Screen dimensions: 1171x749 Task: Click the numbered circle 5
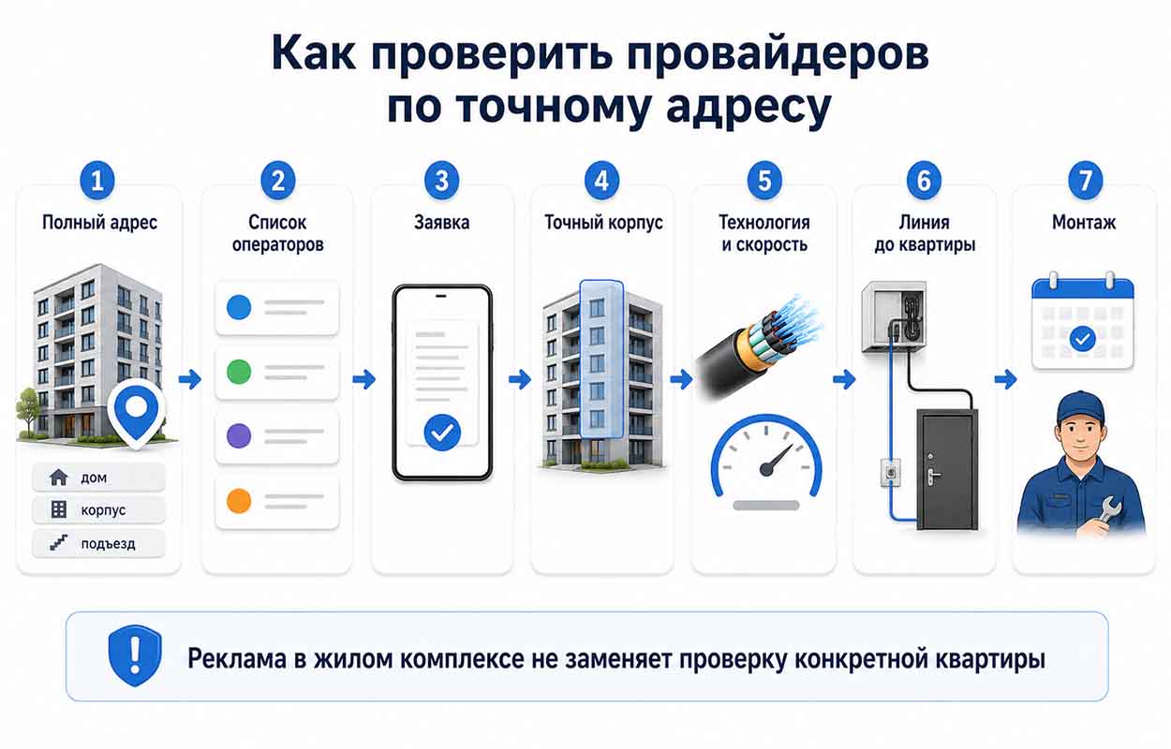click(x=764, y=181)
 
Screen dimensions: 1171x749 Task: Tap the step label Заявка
click(x=442, y=223)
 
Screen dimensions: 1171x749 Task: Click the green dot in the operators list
click(x=239, y=372)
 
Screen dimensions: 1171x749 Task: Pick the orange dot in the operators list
click(x=239, y=501)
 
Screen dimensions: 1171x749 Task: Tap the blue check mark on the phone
click(x=442, y=433)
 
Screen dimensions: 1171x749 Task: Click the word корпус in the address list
click(x=103, y=510)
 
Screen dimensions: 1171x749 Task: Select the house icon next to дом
click(x=58, y=477)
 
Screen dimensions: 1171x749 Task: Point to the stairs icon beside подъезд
click(x=58, y=543)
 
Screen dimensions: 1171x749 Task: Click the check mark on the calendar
click(x=1083, y=340)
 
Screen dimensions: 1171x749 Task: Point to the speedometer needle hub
click(x=766, y=469)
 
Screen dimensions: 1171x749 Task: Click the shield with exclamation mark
click(x=135, y=656)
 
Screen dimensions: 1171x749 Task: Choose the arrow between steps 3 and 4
click(x=520, y=380)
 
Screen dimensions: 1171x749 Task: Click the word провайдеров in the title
click(x=778, y=53)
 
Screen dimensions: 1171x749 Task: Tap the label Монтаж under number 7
click(x=1084, y=223)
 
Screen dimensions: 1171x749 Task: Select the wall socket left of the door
click(x=891, y=473)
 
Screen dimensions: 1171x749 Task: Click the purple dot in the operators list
click(x=239, y=435)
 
